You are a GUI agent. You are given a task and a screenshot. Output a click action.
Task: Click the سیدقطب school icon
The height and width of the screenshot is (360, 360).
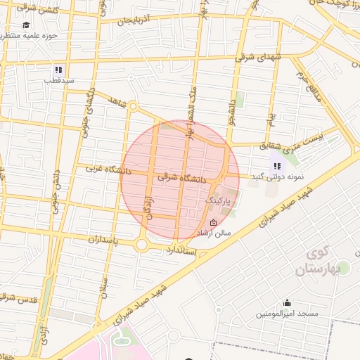pyautogui.click(x=58, y=70)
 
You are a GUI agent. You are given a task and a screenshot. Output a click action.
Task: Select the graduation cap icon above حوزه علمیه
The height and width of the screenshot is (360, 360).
pyautogui.click(x=26, y=24)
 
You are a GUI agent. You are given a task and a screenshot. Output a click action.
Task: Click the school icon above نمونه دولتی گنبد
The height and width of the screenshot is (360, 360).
pyautogui.click(x=277, y=166)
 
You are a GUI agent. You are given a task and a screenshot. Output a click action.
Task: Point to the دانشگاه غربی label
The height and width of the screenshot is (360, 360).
pyautogui.click(x=105, y=169)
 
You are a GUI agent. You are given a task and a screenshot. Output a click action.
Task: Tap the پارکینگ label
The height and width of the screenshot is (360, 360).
pyautogui.click(x=217, y=201)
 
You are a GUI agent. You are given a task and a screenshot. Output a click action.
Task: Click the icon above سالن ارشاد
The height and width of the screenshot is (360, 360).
pyautogui.click(x=214, y=222)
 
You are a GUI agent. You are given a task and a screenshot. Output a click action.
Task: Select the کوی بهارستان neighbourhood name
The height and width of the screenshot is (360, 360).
pyautogui.click(x=323, y=261)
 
